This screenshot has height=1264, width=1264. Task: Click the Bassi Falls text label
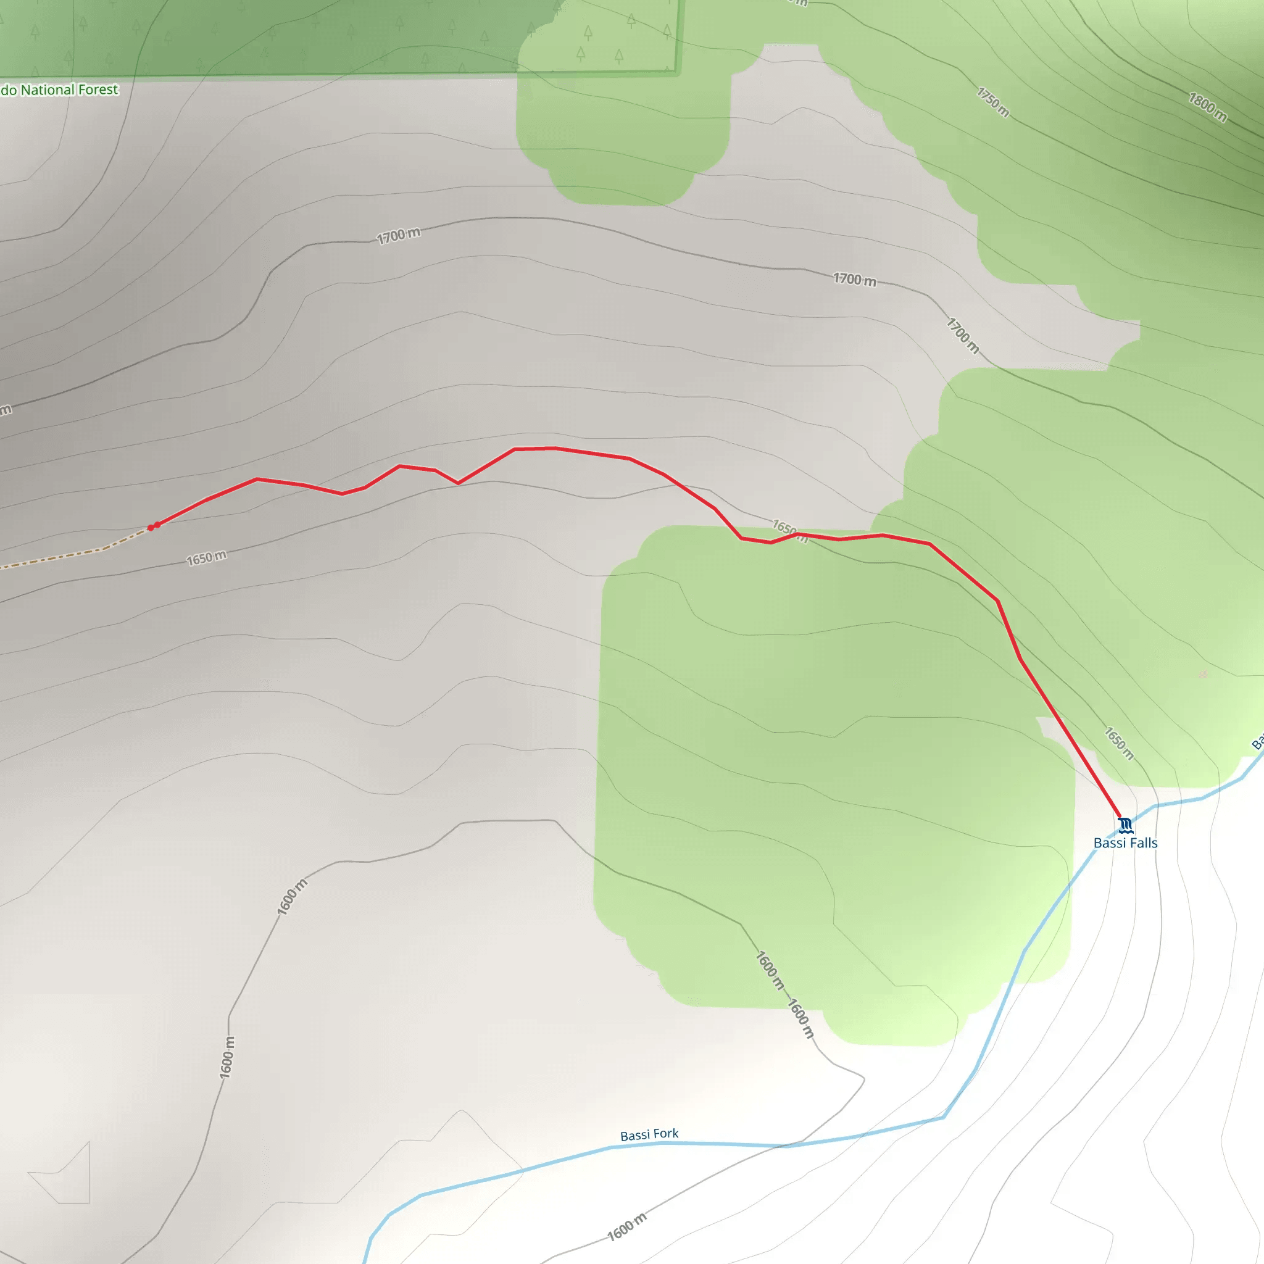pyautogui.click(x=1125, y=843)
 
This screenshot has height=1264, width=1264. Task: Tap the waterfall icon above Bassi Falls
pyautogui.click(x=1125, y=825)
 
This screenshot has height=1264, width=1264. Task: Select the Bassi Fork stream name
pyautogui.click(x=649, y=1134)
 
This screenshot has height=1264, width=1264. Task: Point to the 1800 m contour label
pyautogui.click(x=1208, y=107)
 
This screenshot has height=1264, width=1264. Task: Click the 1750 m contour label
pyautogui.click(x=993, y=102)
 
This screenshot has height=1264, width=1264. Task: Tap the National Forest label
pyautogui.click(x=60, y=89)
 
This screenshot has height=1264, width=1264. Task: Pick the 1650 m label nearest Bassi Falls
pyautogui.click(x=1119, y=743)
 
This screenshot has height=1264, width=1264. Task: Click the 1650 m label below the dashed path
pyautogui.click(x=207, y=558)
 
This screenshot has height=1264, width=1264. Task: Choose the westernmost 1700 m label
pyautogui.click(x=399, y=235)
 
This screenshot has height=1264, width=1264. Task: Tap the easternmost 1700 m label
pyautogui.click(x=962, y=336)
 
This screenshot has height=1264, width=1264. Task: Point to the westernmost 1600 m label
pyautogui.click(x=227, y=1057)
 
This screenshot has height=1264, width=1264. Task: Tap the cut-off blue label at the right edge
pyautogui.click(x=1257, y=742)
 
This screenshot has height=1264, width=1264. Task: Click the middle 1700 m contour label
pyautogui.click(x=854, y=280)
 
